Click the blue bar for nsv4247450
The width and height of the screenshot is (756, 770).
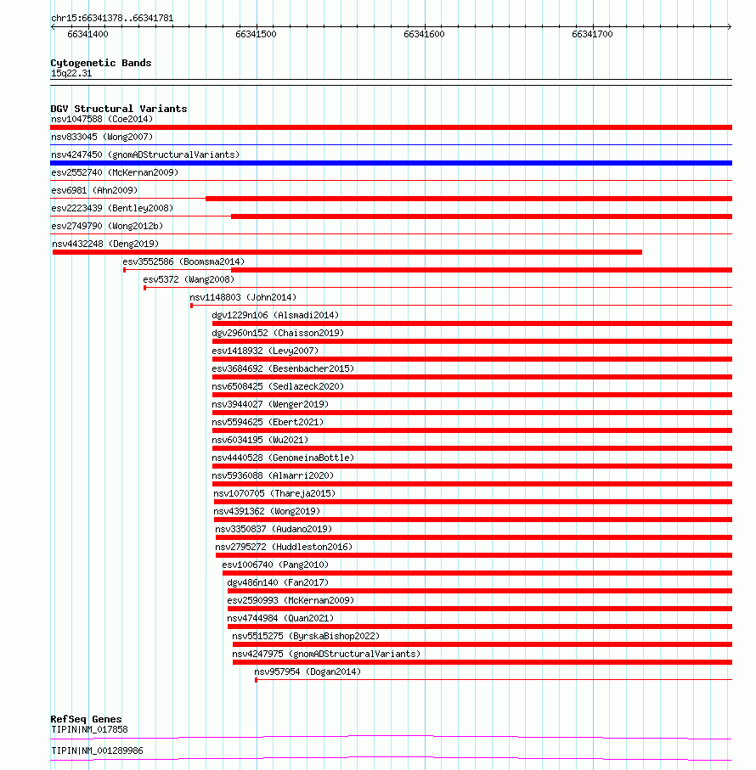[391, 163]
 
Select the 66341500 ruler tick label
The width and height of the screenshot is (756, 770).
[256, 34]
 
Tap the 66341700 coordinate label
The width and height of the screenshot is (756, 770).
[592, 34]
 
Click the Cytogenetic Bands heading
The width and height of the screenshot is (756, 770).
[101, 63]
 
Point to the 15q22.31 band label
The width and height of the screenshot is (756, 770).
[71, 73]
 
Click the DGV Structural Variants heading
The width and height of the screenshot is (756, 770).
[119, 109]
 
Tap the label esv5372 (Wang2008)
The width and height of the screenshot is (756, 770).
[189, 279]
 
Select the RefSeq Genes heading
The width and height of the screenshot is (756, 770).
[86, 719]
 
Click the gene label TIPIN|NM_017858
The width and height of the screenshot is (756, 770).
[89, 729]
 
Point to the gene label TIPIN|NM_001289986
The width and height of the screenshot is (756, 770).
[97, 750]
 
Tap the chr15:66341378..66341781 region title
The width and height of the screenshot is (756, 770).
[112, 18]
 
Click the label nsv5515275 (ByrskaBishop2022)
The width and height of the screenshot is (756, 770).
[306, 636]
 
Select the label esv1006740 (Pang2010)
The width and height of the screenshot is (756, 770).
[275, 565]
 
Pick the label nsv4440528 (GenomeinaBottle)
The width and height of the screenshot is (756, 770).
[283, 458]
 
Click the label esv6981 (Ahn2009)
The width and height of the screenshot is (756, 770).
[94, 190]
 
